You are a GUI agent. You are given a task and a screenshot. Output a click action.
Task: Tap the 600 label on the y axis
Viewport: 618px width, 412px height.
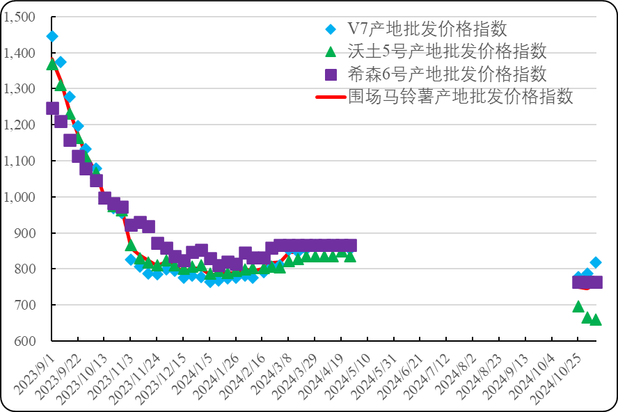click(24, 341)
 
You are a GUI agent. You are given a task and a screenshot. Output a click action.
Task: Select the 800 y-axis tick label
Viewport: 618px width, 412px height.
click(24, 269)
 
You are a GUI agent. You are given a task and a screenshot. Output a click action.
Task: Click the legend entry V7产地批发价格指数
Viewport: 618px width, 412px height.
click(427, 29)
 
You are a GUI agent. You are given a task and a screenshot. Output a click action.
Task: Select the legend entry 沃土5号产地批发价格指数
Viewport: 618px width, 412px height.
click(446, 51)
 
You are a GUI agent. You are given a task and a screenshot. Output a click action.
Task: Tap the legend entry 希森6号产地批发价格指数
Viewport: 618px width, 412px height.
click(446, 74)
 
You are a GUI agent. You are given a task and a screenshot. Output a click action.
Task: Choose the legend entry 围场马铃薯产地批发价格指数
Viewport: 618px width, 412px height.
click(460, 96)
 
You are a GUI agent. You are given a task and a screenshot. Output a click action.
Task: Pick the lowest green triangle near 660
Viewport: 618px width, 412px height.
click(596, 319)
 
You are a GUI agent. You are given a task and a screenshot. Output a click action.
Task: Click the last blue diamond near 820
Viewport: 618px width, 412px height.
click(596, 262)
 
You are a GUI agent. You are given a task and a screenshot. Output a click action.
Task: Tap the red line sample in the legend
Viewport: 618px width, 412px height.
click(331, 97)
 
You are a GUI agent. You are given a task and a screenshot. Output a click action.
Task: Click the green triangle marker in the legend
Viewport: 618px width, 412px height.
click(331, 51)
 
